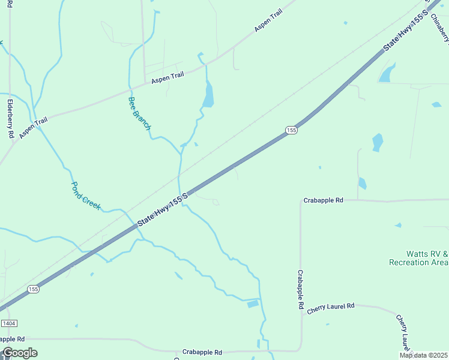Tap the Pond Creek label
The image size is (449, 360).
tap(85, 195)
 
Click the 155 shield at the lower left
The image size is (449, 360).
tap(33, 289)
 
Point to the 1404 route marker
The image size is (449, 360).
tap(8, 323)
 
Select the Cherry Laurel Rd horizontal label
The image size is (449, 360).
tap(331, 308)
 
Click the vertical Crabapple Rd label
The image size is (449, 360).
tap(300, 289)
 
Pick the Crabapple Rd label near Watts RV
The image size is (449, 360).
tap(323, 200)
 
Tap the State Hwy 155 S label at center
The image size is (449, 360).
tap(163, 209)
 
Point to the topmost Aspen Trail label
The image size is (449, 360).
tap(268, 21)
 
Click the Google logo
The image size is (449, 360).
tap(19, 353)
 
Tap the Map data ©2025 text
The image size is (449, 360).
tap(423, 355)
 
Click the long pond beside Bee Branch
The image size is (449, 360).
tap(208, 95)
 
